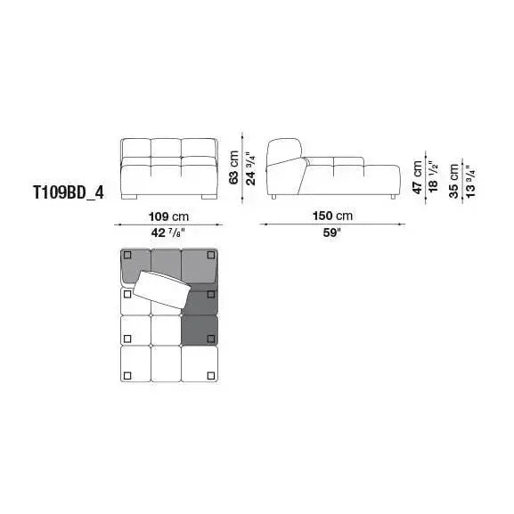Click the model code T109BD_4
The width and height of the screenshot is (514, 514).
click(x=69, y=192)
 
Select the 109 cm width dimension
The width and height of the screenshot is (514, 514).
click(x=168, y=216)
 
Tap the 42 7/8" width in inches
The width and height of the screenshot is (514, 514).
click(x=168, y=233)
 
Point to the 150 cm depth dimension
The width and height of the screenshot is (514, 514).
click(x=332, y=216)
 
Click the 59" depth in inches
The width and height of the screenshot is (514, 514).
click(x=332, y=233)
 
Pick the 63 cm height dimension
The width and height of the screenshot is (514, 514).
click(x=234, y=167)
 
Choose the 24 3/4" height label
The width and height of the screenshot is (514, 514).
click(x=251, y=169)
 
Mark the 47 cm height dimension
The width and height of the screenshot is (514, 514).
click(x=417, y=177)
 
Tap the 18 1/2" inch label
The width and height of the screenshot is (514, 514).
click(x=433, y=177)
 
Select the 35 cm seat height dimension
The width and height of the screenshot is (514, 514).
click(x=454, y=181)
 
